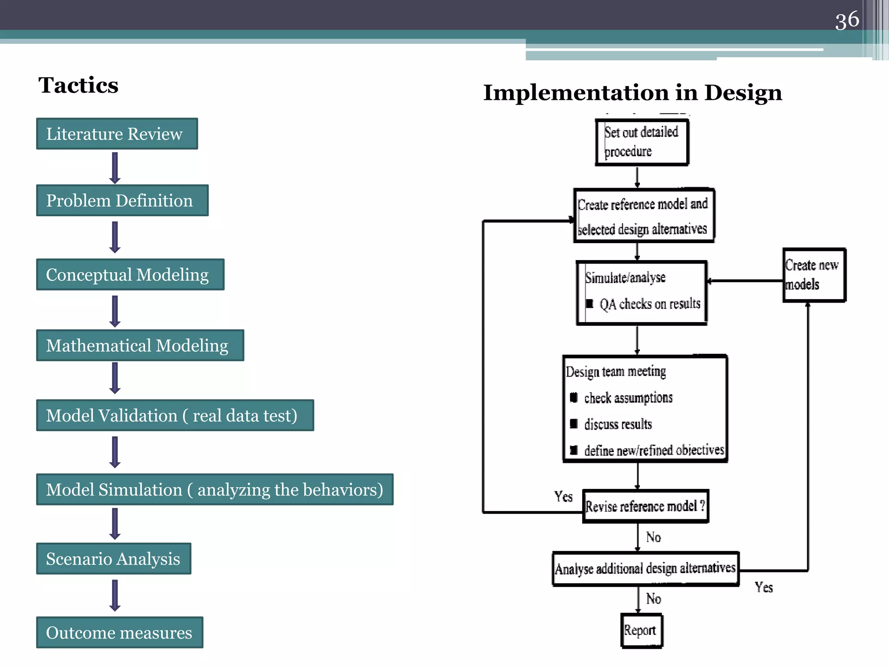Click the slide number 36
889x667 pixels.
pos(846,20)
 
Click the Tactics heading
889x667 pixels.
pos(78,85)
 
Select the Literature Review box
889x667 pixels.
pos(117,134)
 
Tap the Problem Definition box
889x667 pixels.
pos(122,201)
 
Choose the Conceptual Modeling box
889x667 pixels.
pos(130,275)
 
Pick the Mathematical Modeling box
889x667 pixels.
pos(140,346)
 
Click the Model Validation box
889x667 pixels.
pos(175,416)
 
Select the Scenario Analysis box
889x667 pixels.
pos(113,559)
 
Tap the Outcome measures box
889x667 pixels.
pos(119,633)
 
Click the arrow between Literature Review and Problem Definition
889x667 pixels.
pos(115,168)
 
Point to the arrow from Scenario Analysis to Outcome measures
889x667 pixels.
pos(115,595)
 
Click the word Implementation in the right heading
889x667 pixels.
pos(576,93)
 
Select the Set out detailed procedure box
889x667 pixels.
pos(642,142)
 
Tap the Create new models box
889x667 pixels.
pos(814,275)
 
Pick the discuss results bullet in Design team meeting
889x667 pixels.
pos(618,424)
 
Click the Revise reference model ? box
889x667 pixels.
pos(645,506)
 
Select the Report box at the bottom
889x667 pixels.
pos(641,631)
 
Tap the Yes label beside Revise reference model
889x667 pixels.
pos(563,496)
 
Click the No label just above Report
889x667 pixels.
pos(653,599)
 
